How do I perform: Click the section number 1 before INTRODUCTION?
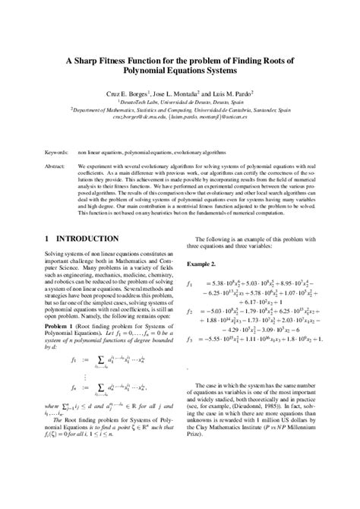click(x=49, y=239)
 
